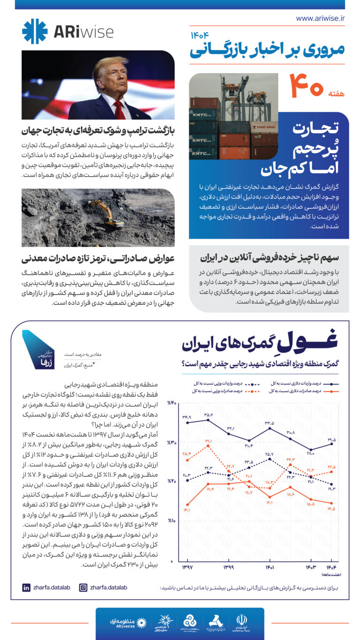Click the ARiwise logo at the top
coord(67,31)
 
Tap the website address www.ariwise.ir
coord(320,18)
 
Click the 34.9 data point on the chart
coord(188,422)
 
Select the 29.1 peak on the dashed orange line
coord(209,445)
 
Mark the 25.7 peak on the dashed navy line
coord(270,459)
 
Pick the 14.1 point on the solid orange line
coord(188,504)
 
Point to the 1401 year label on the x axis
coord(270,567)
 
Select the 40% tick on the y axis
coord(172,403)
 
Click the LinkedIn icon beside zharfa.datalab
coord(26,587)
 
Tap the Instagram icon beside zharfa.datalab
coord(83,587)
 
